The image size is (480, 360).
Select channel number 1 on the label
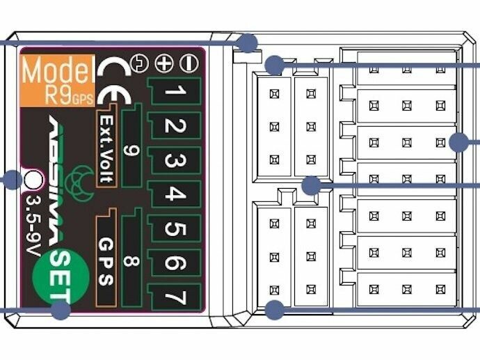[175, 91]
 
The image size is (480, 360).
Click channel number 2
[175, 127]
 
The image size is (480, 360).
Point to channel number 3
[175, 162]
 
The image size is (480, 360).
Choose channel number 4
[175, 195]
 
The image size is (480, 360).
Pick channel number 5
[175, 229]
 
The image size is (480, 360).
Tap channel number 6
[175, 263]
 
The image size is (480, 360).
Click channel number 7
[175, 297]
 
